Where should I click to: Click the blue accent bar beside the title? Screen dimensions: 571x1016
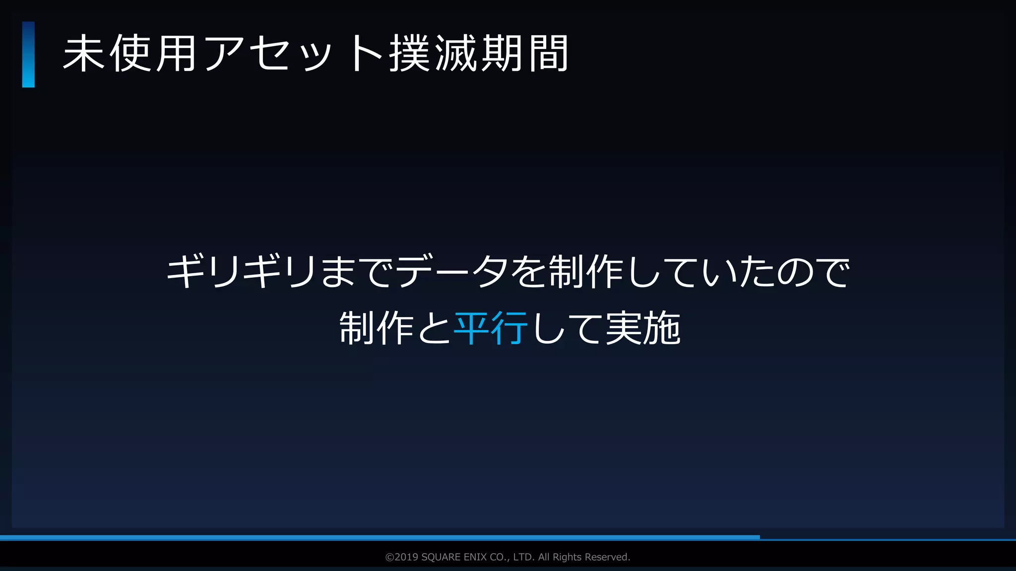coord(28,55)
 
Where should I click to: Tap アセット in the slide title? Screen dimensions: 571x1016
coord(293,54)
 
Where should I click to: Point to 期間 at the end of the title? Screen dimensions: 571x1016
coord(525,54)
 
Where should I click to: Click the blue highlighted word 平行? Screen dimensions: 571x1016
coord(491,328)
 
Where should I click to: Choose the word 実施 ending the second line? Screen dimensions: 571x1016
coord(643,328)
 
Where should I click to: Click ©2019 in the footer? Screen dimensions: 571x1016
coord(402,557)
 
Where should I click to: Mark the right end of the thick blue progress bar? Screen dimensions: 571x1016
coord(758,537)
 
